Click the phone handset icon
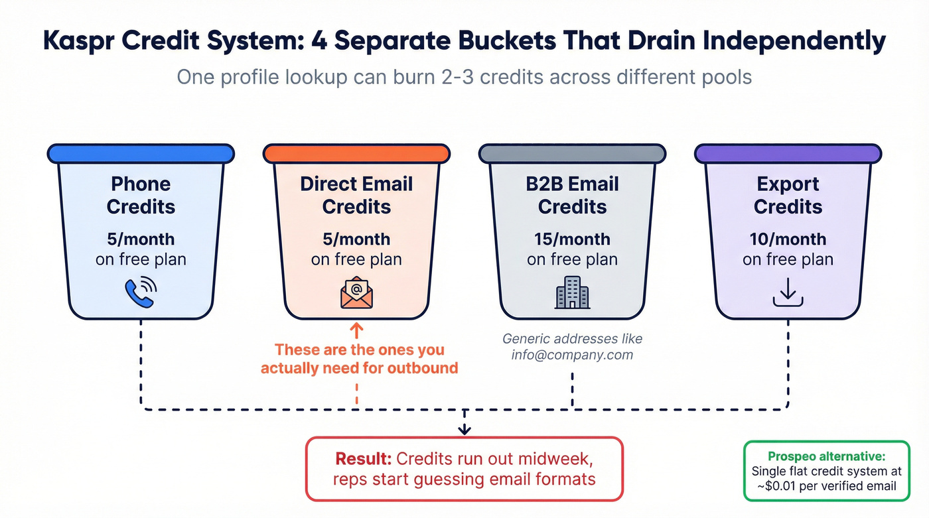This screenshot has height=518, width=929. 141,292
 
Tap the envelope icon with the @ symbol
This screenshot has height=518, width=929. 356,292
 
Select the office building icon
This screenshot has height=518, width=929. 571,292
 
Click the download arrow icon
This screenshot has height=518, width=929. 788,292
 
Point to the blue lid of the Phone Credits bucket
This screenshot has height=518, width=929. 141,154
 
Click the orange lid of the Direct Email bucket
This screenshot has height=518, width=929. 356,154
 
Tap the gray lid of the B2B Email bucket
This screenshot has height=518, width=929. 571,154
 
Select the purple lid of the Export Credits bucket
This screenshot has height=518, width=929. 788,154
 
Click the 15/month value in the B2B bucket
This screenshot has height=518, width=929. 572,239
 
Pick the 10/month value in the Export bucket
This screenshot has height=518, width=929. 788,239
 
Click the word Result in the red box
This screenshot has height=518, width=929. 363,459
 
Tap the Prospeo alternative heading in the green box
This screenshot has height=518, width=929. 826,456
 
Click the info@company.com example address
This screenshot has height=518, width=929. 572,355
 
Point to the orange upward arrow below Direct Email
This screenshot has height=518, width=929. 356,330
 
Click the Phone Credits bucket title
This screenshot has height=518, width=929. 141,195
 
